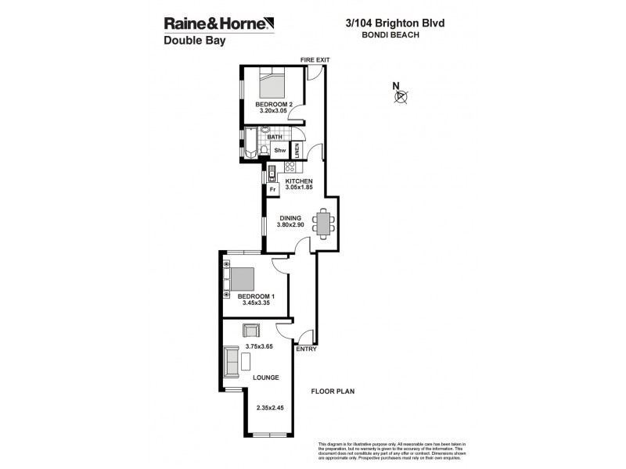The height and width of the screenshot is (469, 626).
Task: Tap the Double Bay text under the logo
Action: coord(194,41)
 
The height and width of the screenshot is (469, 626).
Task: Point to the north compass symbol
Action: coord(401,95)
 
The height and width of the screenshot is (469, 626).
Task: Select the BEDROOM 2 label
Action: coord(274,105)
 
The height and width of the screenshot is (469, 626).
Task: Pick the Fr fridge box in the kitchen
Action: coord(273,189)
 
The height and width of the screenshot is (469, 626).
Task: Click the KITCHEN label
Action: coord(298,181)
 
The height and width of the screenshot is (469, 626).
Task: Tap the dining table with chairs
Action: coord(323,224)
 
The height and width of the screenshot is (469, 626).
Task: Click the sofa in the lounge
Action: coord(232,360)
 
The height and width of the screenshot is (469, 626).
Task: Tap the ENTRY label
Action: coord(306,349)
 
